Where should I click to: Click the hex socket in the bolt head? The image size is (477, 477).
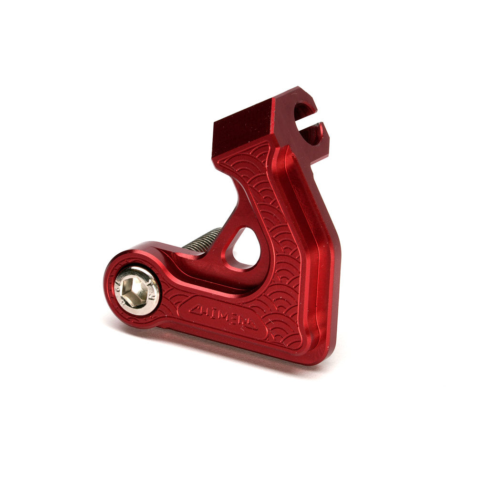pyautogui.click(x=136, y=289)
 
